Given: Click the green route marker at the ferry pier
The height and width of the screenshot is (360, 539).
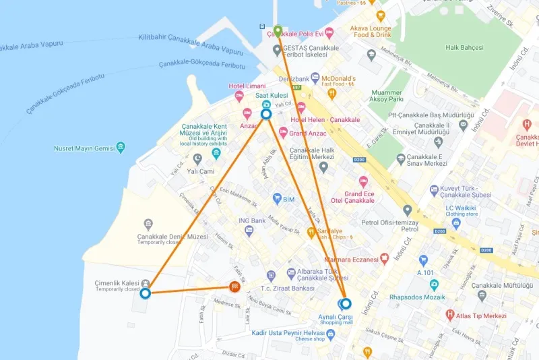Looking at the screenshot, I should pyautogui.click(x=278, y=30).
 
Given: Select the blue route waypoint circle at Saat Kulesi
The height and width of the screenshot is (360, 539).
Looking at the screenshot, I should pyautogui.click(x=266, y=115).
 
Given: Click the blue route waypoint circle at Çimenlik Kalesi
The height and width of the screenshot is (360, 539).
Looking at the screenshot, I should pyautogui.click(x=145, y=293).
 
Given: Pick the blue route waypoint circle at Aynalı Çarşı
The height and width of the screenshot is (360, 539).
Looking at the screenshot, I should pyautogui.click(x=346, y=303).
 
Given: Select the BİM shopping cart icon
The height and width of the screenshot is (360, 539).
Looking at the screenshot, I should pyautogui.click(x=277, y=199).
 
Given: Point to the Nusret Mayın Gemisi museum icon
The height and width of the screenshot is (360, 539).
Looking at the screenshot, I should pyautogui.click(x=121, y=148).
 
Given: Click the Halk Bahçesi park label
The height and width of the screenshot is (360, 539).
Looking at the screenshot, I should pyautogui.click(x=468, y=47).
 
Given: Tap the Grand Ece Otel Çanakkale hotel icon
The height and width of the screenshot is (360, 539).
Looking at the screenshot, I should pyautogui.click(x=363, y=181).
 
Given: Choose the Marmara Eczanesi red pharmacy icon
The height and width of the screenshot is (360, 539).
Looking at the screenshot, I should pyautogui.click(x=384, y=258).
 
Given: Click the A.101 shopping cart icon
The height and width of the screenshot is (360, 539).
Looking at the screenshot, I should pyautogui.click(x=423, y=260).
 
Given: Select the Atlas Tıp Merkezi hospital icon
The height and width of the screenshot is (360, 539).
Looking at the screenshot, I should pyautogui.click(x=450, y=315).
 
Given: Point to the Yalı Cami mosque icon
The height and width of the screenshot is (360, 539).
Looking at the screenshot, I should pyautogui.click(x=197, y=159).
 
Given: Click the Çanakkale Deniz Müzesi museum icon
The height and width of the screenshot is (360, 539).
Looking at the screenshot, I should pyautogui.click(x=148, y=224).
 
